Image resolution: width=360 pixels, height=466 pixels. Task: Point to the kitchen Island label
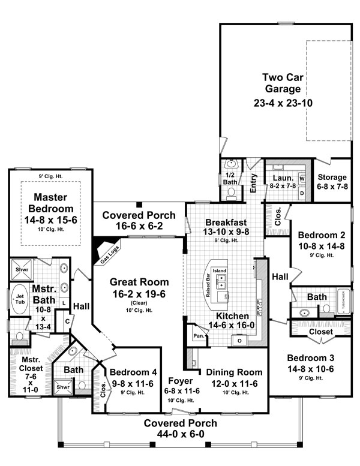tap(220, 270)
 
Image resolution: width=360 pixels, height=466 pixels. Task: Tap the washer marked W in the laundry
tap(302, 179)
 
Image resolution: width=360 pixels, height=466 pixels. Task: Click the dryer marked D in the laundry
tap(302, 193)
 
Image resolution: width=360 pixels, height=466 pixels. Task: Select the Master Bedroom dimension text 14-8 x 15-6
tap(50, 220)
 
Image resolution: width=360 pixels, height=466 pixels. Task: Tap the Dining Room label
tap(233, 372)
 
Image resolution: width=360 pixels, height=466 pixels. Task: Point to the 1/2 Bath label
tap(230, 178)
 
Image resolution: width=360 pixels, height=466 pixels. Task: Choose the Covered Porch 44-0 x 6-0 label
tap(180, 428)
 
